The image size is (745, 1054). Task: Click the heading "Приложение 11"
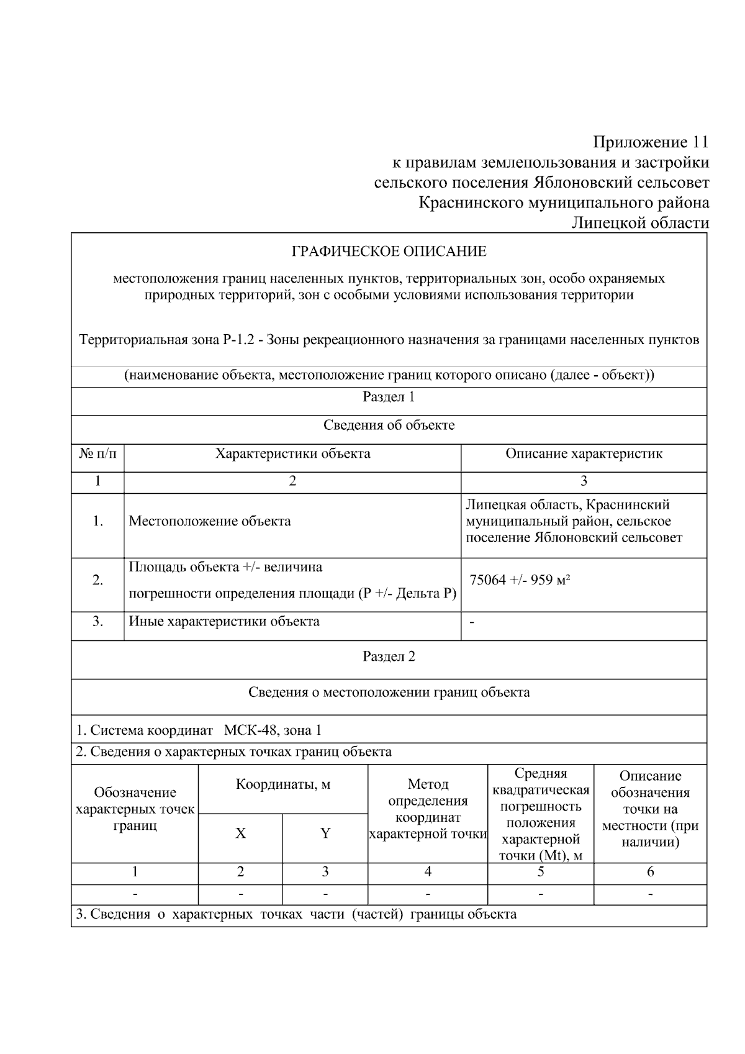point(650,142)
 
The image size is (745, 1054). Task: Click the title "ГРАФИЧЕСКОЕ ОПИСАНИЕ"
point(389,252)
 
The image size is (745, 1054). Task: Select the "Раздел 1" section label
point(389,398)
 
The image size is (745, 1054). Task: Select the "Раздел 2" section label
point(389,656)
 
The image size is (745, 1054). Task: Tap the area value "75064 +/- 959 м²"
point(520,581)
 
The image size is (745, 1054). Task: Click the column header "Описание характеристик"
point(584,453)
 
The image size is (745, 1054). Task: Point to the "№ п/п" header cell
point(97,453)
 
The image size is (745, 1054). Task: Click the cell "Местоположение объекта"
point(210,521)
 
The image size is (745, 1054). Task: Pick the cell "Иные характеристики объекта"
point(224,621)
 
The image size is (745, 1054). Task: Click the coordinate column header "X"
point(240,834)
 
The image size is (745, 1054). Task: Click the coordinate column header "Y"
point(325,834)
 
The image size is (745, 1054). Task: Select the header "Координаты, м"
point(283,784)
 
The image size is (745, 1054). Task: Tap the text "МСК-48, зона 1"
point(273,730)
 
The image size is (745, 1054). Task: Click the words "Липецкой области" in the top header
point(640,223)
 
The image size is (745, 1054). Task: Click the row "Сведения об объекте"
point(389,425)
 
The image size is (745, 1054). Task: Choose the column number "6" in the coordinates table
point(650,872)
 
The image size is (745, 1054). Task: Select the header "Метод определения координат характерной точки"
point(428,809)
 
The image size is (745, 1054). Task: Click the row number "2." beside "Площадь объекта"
point(97,581)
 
